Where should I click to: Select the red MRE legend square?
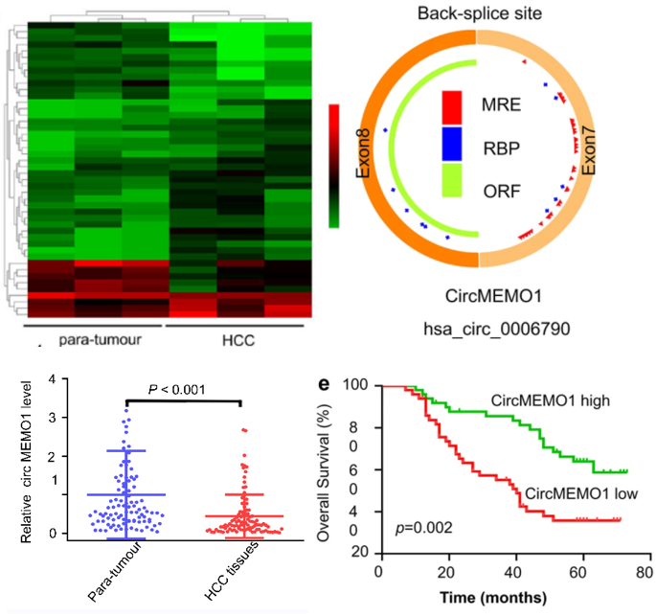pos(452,103)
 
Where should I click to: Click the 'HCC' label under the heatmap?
pos(233,341)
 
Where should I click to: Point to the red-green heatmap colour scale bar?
pos(334,166)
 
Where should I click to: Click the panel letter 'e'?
pos(326,385)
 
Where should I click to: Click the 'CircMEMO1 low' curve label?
pos(573,494)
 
